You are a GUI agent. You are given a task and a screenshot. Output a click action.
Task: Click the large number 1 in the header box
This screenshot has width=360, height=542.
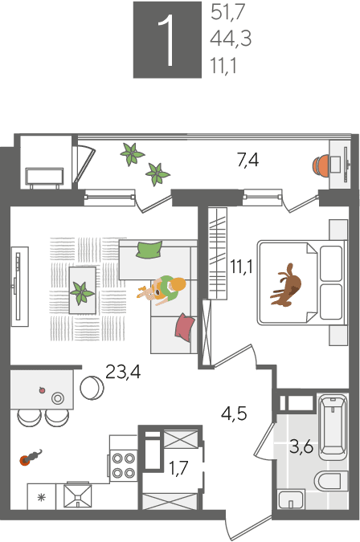pyautogui.click(x=167, y=40)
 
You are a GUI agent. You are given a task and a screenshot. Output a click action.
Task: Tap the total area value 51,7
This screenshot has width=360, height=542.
pyautogui.click(x=228, y=12)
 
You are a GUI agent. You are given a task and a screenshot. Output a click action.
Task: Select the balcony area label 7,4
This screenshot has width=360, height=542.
pyautogui.click(x=247, y=161)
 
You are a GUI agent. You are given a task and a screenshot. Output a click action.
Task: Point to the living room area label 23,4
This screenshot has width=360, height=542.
pyautogui.click(x=123, y=373)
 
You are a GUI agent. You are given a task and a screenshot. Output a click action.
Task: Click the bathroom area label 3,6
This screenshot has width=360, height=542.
pyautogui.click(x=301, y=446)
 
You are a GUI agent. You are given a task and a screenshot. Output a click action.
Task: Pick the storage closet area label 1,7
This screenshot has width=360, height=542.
pyautogui.click(x=178, y=468)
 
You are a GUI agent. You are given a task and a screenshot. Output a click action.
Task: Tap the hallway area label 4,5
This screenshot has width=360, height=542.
pyautogui.click(x=234, y=414)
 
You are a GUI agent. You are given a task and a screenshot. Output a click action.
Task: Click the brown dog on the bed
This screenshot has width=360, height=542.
pyautogui.click(x=285, y=286)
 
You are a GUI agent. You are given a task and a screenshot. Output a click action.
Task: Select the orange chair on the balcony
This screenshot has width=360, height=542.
pyautogui.click(x=321, y=166)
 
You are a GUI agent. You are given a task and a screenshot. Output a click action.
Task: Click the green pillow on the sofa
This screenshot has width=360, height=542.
pyautogui.click(x=149, y=249)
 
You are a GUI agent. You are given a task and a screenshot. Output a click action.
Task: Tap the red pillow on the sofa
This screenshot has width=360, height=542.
pyautogui.click(x=185, y=327)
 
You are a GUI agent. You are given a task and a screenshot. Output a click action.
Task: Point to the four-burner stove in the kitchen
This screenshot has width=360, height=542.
pyautogui.click(x=124, y=465)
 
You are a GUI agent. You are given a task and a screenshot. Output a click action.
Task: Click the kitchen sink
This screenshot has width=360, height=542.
pyautogui.click(x=78, y=497)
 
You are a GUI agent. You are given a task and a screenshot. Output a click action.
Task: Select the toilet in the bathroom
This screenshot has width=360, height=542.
pyautogui.click(x=331, y=481)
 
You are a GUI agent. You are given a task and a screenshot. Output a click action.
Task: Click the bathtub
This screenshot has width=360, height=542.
pyautogui.click(x=333, y=427)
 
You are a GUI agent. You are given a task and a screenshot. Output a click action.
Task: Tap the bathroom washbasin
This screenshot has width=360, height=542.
pyautogui.click(x=291, y=499)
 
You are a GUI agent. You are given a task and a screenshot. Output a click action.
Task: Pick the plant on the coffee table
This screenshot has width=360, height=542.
pyautogui.click(x=82, y=292)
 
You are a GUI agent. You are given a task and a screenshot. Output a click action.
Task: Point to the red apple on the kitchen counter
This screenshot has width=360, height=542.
pyautogui.click(x=43, y=390)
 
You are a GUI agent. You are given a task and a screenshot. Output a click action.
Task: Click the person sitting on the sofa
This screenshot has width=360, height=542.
pyautogui.click(x=164, y=290)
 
